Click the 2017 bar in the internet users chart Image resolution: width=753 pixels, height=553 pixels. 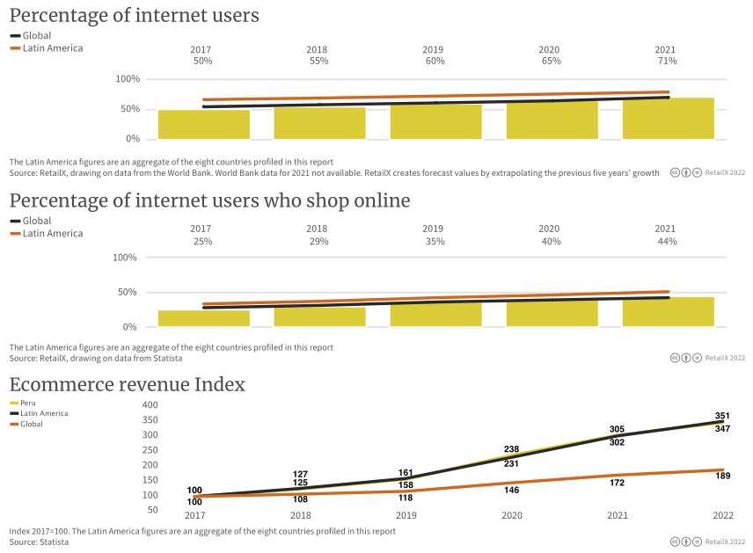pyautogui.click(x=203, y=125)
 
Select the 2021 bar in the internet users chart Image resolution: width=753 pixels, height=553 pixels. pyautogui.click(x=668, y=119)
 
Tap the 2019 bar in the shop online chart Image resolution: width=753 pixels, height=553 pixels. pyautogui.click(x=435, y=315)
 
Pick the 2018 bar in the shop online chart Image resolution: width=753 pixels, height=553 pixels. pyautogui.click(x=319, y=317)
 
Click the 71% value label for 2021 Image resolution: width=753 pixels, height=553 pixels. pyautogui.click(x=667, y=62)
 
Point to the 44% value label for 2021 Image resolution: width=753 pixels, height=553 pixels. pyautogui.click(x=667, y=241)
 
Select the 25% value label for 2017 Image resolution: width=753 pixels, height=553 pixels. pyautogui.click(x=203, y=241)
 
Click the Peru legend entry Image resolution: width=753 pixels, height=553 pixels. pyautogui.click(x=28, y=403)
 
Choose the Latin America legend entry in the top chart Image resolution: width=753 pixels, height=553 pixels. pyautogui.click(x=52, y=48)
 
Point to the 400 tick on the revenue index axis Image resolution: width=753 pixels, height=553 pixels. pyautogui.click(x=150, y=405)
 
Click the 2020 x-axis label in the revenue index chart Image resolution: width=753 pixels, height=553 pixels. pyautogui.click(x=511, y=515)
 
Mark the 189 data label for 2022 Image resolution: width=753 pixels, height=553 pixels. pyautogui.click(x=722, y=477)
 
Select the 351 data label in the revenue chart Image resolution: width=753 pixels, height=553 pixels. pyautogui.click(x=722, y=416)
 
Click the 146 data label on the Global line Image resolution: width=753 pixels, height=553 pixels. pyautogui.click(x=511, y=490)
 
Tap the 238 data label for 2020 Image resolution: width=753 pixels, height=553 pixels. pyautogui.click(x=511, y=449)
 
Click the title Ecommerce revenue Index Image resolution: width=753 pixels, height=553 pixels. pyautogui.click(x=127, y=385)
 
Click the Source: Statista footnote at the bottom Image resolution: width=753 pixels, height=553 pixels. pyautogui.click(x=39, y=542)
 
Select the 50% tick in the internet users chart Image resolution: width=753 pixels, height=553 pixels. pyautogui.click(x=129, y=109)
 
